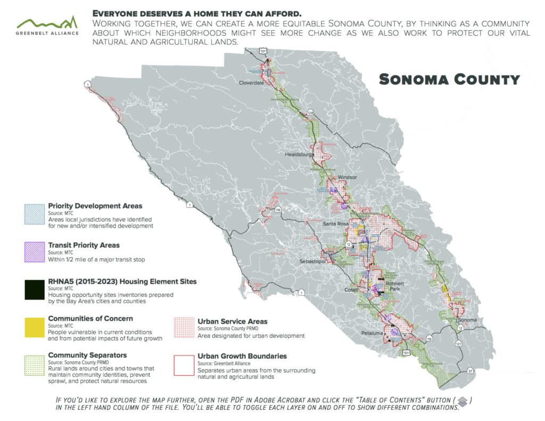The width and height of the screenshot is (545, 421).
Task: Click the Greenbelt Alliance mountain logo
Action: [47, 23]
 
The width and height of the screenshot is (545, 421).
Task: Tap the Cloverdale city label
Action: [252, 83]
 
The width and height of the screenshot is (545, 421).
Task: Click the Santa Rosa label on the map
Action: [336, 224]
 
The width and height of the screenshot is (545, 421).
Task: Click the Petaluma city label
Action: [373, 333]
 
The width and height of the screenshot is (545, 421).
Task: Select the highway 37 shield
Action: [470, 370]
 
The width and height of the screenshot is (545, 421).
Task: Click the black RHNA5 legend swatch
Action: [34, 290]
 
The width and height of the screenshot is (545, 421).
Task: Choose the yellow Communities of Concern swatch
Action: [34, 326]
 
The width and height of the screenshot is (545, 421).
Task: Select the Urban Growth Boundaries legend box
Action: [184, 365]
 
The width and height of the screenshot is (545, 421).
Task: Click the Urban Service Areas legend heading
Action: [232, 321]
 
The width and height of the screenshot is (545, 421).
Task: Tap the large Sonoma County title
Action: [449, 80]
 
